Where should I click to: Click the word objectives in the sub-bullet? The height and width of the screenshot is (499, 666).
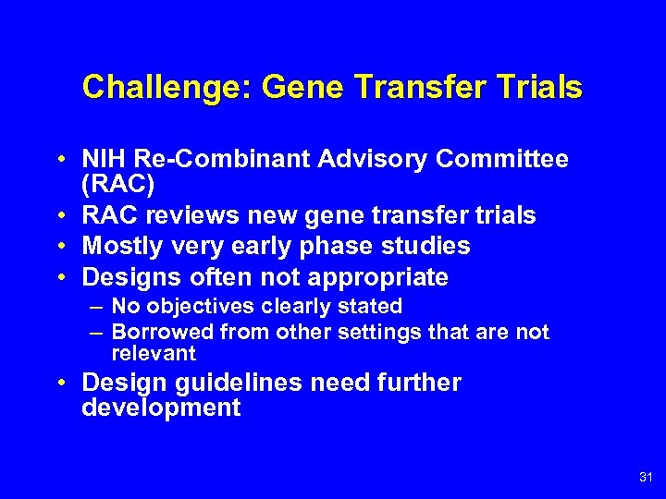(200, 306)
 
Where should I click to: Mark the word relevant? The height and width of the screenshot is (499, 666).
(154, 353)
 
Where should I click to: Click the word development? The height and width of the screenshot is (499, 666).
(161, 408)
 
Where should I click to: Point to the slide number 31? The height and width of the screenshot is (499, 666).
(645, 477)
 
